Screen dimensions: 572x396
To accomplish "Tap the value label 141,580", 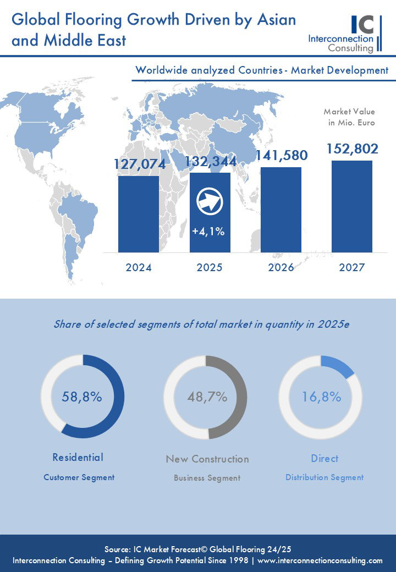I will tap(280, 155).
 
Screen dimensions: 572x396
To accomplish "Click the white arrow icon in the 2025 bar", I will tap(210, 201).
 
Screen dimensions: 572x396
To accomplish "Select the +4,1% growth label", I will tap(208, 232).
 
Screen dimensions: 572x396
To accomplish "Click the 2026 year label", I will tap(280, 268).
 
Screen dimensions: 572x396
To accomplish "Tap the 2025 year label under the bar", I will tap(210, 268).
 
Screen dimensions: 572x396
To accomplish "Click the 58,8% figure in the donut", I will tap(82, 397).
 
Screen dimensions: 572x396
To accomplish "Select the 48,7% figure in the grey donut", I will tap(207, 397).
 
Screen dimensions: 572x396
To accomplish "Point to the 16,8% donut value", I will tap(321, 397).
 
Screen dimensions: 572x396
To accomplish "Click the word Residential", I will tap(78, 457).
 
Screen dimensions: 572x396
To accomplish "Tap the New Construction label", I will tap(207, 459).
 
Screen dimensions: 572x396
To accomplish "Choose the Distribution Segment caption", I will tap(324, 477).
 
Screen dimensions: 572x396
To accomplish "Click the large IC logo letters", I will tap(364, 25).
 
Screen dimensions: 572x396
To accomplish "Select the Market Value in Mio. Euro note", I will tap(349, 117).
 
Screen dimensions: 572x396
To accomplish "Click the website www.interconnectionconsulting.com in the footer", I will tap(320, 560).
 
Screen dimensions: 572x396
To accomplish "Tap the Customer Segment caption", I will tap(79, 477).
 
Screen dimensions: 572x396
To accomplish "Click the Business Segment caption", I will tap(207, 478).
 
